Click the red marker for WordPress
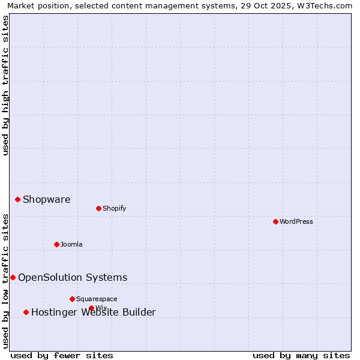click(275, 221)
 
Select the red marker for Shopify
click(98, 208)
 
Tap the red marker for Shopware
click(17, 199)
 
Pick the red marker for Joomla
click(56, 244)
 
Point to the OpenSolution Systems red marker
click(13, 277)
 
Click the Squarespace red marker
click(72, 299)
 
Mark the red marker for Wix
click(91, 308)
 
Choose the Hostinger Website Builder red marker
click(26, 312)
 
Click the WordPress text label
click(296, 221)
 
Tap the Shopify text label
click(114, 208)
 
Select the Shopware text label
click(46, 199)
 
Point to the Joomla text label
click(71, 244)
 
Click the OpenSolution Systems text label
click(73, 277)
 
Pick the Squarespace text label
click(97, 299)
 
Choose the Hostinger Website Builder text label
click(94, 312)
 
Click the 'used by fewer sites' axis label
click(62, 355)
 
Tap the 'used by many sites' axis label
click(301, 355)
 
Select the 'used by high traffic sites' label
click(5, 85)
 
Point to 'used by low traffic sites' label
click(5, 281)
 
